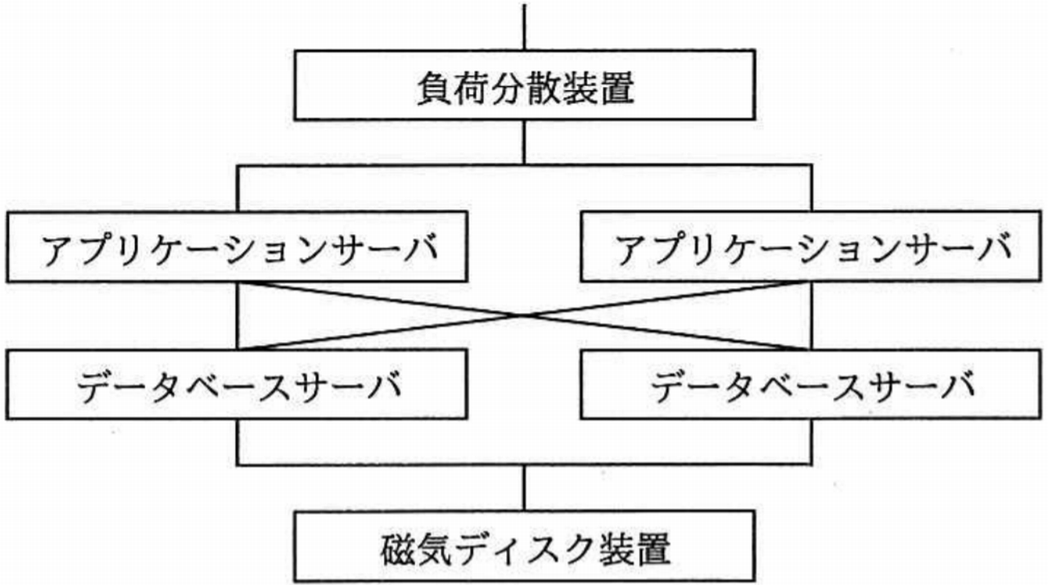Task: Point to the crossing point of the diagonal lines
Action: [x=524, y=316]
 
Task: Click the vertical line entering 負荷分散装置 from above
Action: [x=524, y=27]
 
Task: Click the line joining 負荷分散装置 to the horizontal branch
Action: [x=524, y=143]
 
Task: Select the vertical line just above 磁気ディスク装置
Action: [x=524, y=488]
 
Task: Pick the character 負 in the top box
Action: [x=434, y=88]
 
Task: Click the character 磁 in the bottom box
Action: [x=398, y=550]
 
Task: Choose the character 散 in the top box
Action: [x=544, y=88]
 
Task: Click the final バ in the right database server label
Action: [x=957, y=387]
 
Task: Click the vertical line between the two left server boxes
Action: [x=237, y=316]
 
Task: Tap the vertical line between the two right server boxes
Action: [x=811, y=316]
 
